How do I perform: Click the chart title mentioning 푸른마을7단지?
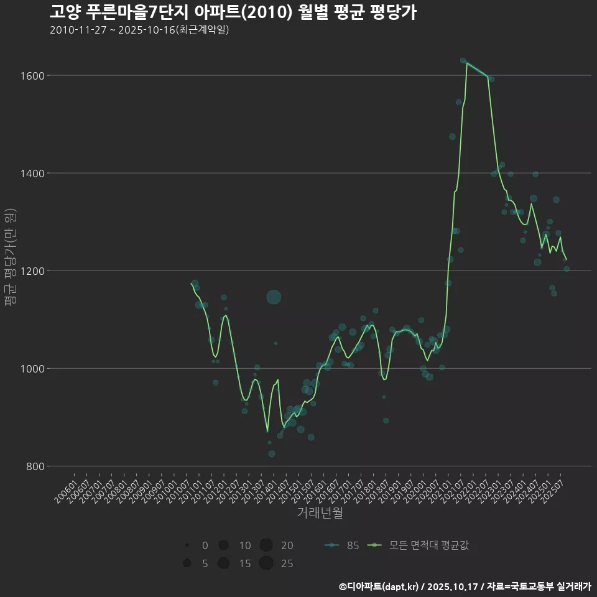coord(233,12)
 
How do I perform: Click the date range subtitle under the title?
coord(139,30)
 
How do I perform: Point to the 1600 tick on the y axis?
coord(32,76)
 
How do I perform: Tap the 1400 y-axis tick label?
coord(32,174)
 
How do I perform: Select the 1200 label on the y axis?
coord(32,271)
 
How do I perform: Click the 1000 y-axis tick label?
coord(32,369)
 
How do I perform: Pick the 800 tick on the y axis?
coord(34,466)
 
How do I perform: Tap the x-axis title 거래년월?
coord(320,513)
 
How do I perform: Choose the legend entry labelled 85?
coord(341,546)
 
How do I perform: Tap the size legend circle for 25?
coord(266,563)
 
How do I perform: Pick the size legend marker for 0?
coord(187,545)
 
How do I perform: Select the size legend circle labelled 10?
coord(223,545)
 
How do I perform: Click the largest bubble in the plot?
coord(274,297)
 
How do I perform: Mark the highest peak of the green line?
coord(466,63)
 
